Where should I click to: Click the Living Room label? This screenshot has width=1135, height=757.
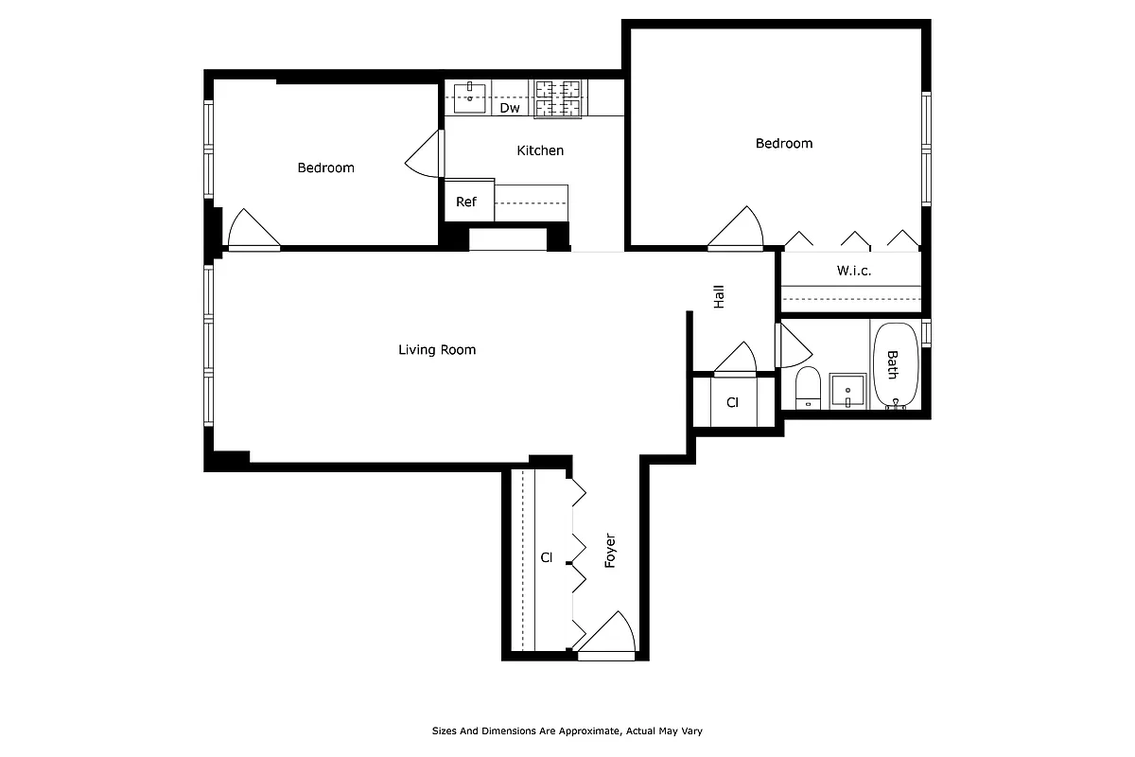437,350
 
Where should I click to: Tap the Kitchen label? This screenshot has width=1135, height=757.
540,150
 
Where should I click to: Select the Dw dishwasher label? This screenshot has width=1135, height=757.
510,108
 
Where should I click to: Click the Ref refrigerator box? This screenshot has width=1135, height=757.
466,202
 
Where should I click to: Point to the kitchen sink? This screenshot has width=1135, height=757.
469,93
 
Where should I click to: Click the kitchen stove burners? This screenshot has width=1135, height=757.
558,98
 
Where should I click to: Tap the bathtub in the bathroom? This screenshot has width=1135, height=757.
894,365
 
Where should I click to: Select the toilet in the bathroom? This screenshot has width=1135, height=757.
808,388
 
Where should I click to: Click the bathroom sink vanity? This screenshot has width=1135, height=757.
847,391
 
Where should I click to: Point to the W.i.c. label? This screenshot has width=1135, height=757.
853,271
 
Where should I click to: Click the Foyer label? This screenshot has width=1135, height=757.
611,552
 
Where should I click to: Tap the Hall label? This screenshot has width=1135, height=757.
719,298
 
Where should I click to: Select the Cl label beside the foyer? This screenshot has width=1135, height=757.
546,557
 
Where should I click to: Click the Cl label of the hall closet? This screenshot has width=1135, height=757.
732,402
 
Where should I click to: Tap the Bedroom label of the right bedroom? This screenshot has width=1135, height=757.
783,144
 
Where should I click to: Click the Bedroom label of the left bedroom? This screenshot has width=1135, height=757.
325,168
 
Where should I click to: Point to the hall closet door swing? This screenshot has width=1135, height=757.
737,360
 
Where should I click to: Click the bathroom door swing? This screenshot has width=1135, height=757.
793,346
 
